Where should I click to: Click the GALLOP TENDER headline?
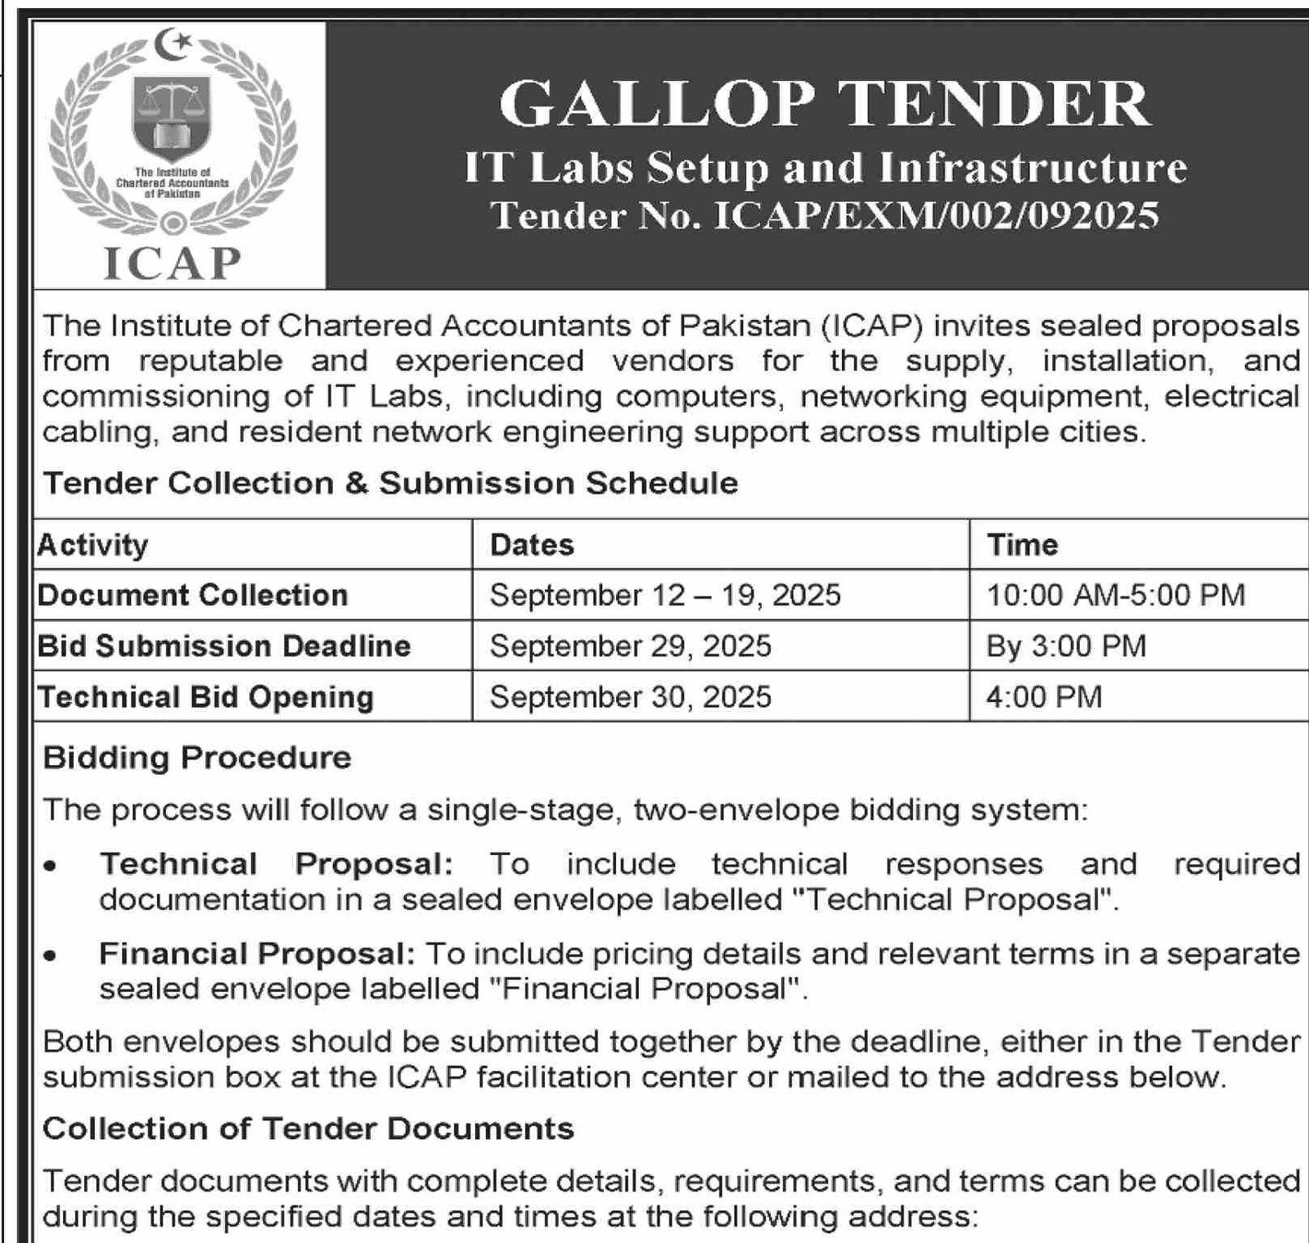point(824,105)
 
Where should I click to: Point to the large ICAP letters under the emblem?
point(173,263)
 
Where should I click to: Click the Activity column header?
point(93,545)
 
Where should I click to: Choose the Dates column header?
point(532,545)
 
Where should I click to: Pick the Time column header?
point(1022,545)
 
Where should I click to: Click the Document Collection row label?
point(193,595)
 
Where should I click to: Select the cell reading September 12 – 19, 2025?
point(665,595)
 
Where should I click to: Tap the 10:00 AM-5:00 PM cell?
point(1116,595)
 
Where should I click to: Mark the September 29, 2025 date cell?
point(630,646)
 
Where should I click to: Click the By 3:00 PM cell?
point(1066,646)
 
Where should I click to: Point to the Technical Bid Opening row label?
point(206,697)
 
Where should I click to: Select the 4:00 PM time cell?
point(1044,697)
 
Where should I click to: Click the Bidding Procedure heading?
point(197,758)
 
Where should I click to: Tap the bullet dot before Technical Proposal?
point(52,866)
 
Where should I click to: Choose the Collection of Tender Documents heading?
point(308,1129)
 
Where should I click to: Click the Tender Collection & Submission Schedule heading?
point(390,484)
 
